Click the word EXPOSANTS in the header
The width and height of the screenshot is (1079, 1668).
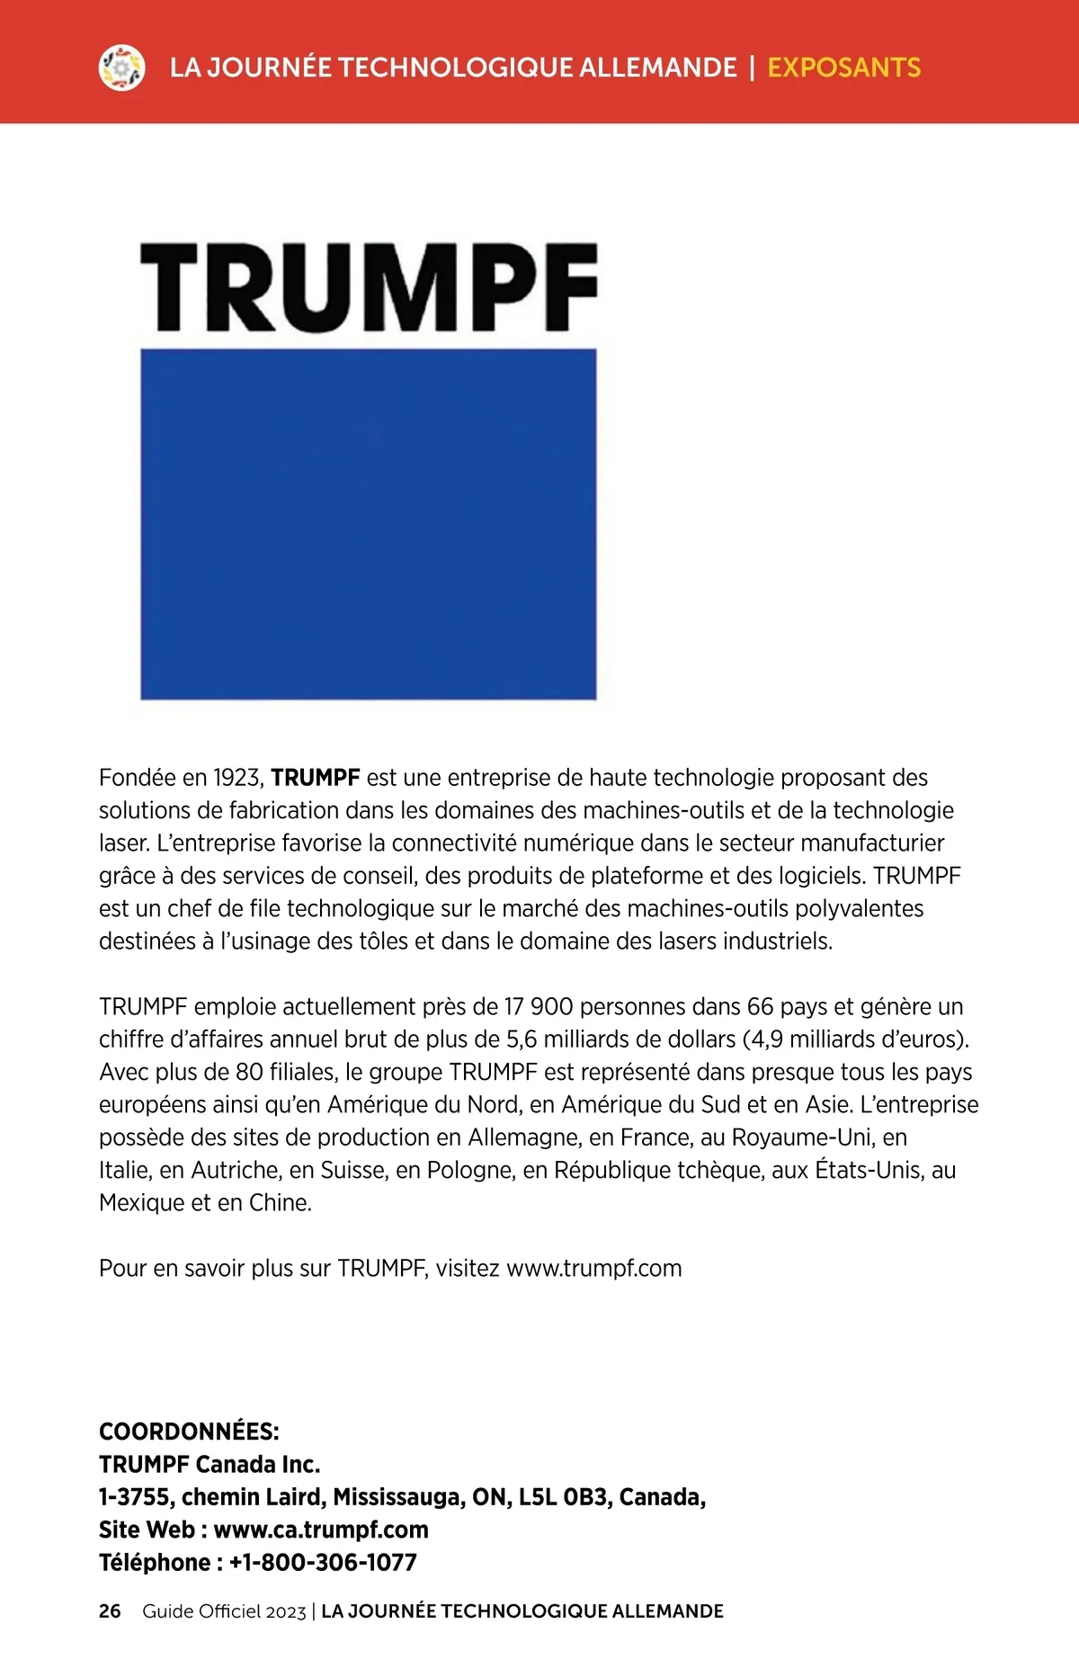coord(843,67)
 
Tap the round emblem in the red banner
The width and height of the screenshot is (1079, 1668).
coord(121,67)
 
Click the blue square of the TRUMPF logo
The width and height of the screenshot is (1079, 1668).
coord(369,523)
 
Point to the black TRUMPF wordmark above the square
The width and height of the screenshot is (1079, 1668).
coord(369,287)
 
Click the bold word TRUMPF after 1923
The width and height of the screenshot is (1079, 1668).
coord(316,778)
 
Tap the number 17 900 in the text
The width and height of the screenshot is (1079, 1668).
coord(539,1007)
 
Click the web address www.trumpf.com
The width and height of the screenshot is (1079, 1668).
coord(594,1269)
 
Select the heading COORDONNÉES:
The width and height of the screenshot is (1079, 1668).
coord(189,1432)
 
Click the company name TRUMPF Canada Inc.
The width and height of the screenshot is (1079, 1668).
coord(210,1465)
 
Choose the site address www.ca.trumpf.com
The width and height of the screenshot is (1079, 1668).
coord(321,1530)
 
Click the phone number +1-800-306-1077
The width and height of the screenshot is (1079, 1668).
coord(323,1563)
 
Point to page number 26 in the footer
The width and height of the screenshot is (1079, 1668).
coord(110,1611)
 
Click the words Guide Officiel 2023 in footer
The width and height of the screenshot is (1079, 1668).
coord(224,1611)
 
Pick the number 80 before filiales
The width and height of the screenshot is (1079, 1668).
coord(250,1073)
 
